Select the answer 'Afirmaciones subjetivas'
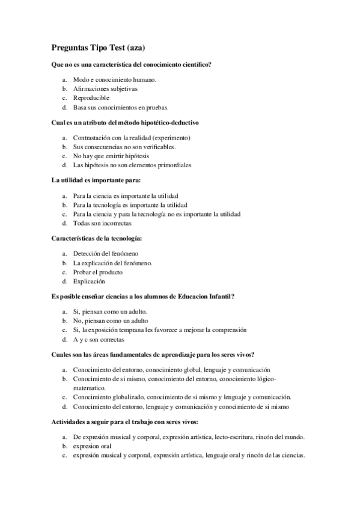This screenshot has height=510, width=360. [105, 88]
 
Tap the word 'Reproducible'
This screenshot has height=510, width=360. [91, 98]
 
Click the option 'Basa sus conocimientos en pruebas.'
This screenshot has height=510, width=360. [117, 108]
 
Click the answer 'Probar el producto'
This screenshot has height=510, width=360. [99, 272]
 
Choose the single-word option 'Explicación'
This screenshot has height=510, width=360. [89, 281]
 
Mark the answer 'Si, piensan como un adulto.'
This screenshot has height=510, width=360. [110, 311]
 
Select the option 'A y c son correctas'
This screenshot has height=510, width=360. [99, 339]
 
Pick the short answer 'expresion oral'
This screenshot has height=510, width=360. [92, 446]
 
